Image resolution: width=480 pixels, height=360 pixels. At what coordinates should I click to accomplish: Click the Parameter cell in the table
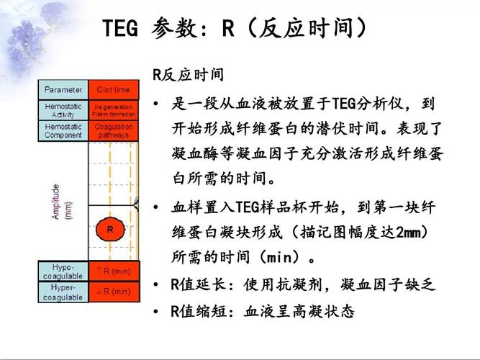(x=63, y=90)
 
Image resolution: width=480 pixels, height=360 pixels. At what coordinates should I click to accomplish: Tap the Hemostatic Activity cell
(x=63, y=110)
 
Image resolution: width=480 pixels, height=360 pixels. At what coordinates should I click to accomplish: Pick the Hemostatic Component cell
(x=63, y=130)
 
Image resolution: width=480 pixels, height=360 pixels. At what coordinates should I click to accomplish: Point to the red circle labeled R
(x=110, y=230)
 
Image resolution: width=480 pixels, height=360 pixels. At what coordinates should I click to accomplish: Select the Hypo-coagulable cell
(x=63, y=271)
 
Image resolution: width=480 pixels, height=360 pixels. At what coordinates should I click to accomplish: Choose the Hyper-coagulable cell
(x=63, y=292)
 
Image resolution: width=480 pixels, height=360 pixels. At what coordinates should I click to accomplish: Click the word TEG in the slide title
(x=123, y=30)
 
